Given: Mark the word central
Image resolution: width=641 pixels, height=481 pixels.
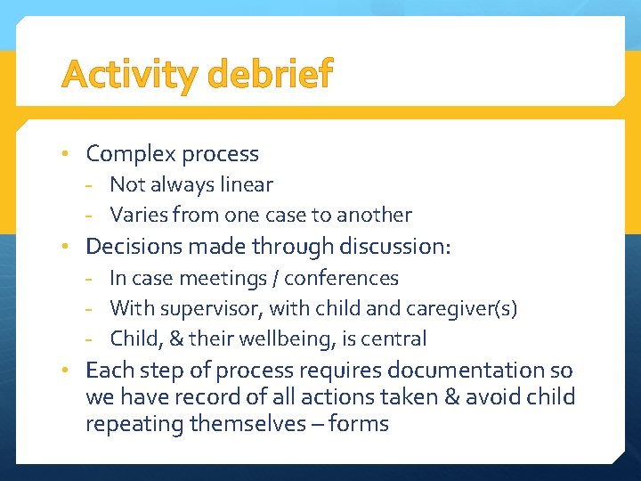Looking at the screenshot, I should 395,338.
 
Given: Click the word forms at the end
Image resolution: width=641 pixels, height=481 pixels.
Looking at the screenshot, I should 359,423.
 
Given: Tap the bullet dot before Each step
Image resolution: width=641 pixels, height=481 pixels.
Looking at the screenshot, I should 66,369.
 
